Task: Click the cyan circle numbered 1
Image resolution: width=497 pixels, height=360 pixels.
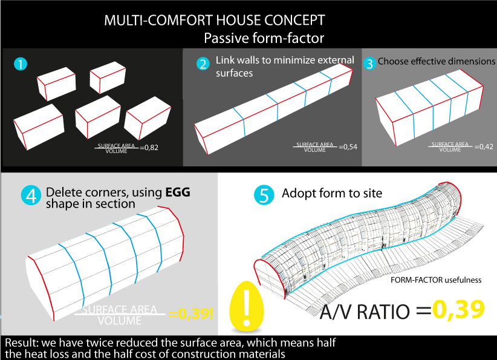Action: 21,64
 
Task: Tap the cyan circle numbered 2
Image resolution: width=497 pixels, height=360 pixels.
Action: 203,64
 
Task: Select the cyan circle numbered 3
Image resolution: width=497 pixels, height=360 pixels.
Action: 369,64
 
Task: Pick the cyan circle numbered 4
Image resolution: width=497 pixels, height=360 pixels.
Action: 31,195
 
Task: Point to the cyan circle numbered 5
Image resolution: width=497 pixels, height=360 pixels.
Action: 264,195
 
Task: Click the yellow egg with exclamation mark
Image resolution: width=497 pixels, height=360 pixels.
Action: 247,306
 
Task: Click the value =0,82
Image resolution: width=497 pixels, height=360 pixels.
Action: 149,148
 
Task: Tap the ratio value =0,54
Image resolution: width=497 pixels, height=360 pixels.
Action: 348,147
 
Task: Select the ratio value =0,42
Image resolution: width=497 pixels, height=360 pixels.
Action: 484,146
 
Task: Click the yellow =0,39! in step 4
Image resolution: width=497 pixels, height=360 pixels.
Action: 191,313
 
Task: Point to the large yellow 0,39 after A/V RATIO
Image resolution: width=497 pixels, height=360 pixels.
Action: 459,309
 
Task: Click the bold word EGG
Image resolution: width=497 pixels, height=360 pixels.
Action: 178,192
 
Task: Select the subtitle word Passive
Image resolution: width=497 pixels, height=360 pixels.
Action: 226,38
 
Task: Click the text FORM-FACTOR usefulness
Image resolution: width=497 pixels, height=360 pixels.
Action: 436,280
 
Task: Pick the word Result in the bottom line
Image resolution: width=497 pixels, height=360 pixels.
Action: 21,342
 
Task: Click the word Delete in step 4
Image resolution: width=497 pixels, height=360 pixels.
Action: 63,192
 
